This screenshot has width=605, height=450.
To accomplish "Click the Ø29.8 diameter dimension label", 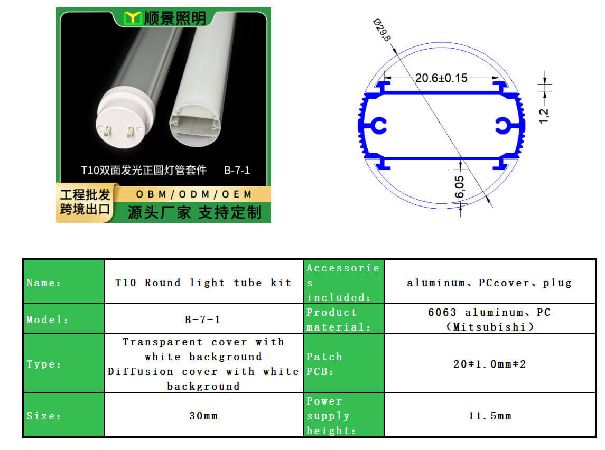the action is [x=382, y=30].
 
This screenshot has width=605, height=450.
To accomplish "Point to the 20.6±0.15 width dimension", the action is [x=441, y=78].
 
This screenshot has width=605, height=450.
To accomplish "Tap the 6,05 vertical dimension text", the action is [x=459, y=187].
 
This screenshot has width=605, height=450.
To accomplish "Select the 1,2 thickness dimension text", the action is [x=544, y=116].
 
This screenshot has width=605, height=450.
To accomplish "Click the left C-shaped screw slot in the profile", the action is [x=378, y=126].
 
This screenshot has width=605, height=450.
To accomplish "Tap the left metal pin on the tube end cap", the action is [x=108, y=129].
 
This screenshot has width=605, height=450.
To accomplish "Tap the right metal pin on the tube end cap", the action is [x=131, y=130].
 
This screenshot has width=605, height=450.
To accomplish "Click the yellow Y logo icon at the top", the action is [x=132, y=18].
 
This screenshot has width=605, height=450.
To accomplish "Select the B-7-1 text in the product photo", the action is [x=237, y=171].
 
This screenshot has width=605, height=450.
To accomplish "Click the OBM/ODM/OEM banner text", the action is [x=194, y=194].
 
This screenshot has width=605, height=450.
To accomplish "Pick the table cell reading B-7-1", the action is [x=203, y=319].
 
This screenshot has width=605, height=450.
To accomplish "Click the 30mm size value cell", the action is [x=203, y=415].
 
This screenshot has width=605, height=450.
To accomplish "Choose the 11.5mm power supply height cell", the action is [x=490, y=415].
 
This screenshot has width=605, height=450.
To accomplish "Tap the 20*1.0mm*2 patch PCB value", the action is [x=490, y=363].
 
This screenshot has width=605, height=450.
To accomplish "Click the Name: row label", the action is [x=44, y=283].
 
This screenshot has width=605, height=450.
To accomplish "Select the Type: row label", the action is [x=44, y=364].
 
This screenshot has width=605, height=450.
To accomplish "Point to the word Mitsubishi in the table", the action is [x=489, y=327].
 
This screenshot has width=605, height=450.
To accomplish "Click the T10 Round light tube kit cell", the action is [x=203, y=282].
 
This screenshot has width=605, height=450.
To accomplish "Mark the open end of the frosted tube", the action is [x=196, y=125].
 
